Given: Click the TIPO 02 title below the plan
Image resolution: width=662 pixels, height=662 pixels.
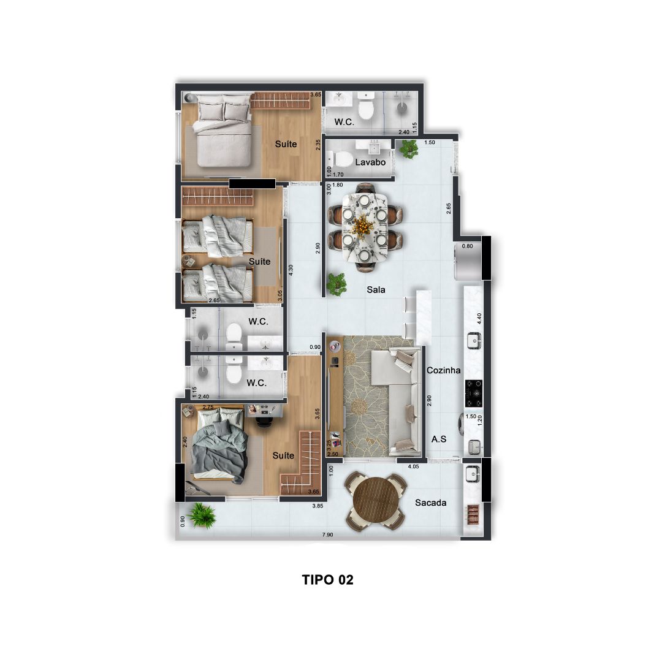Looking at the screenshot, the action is (x=327, y=580).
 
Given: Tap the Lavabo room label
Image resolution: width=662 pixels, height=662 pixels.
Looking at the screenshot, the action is (x=370, y=162).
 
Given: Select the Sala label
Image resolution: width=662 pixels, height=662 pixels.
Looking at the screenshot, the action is (x=376, y=289).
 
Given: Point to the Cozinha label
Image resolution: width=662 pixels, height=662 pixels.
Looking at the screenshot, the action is (x=443, y=370).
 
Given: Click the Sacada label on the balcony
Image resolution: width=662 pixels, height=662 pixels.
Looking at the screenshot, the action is (x=431, y=503).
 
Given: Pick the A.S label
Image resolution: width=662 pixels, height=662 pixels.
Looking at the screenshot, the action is (x=439, y=439).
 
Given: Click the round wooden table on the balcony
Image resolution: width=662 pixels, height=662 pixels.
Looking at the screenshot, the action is (x=375, y=501).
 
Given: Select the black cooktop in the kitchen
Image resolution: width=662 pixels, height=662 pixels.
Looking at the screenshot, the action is (x=474, y=394).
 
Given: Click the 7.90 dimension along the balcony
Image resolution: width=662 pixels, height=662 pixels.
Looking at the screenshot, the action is (x=327, y=535).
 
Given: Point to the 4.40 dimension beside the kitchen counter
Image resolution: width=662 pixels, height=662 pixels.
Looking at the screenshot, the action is (x=479, y=318).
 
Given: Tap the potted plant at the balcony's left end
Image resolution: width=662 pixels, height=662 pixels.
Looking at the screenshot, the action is (x=202, y=515).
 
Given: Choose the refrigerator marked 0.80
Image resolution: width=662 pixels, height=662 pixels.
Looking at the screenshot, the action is (x=468, y=262).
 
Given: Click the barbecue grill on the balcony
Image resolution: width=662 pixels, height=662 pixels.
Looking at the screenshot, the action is (x=473, y=514).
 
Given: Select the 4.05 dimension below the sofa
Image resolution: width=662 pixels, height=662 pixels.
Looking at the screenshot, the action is (x=413, y=466).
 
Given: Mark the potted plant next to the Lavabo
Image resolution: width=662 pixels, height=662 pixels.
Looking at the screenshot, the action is (x=409, y=148).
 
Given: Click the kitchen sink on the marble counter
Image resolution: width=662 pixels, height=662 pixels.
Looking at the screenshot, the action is (x=474, y=340).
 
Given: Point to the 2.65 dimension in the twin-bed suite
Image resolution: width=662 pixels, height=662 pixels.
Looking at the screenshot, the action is (x=214, y=300).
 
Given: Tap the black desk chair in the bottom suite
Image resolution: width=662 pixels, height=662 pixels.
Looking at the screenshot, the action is (x=264, y=421).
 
